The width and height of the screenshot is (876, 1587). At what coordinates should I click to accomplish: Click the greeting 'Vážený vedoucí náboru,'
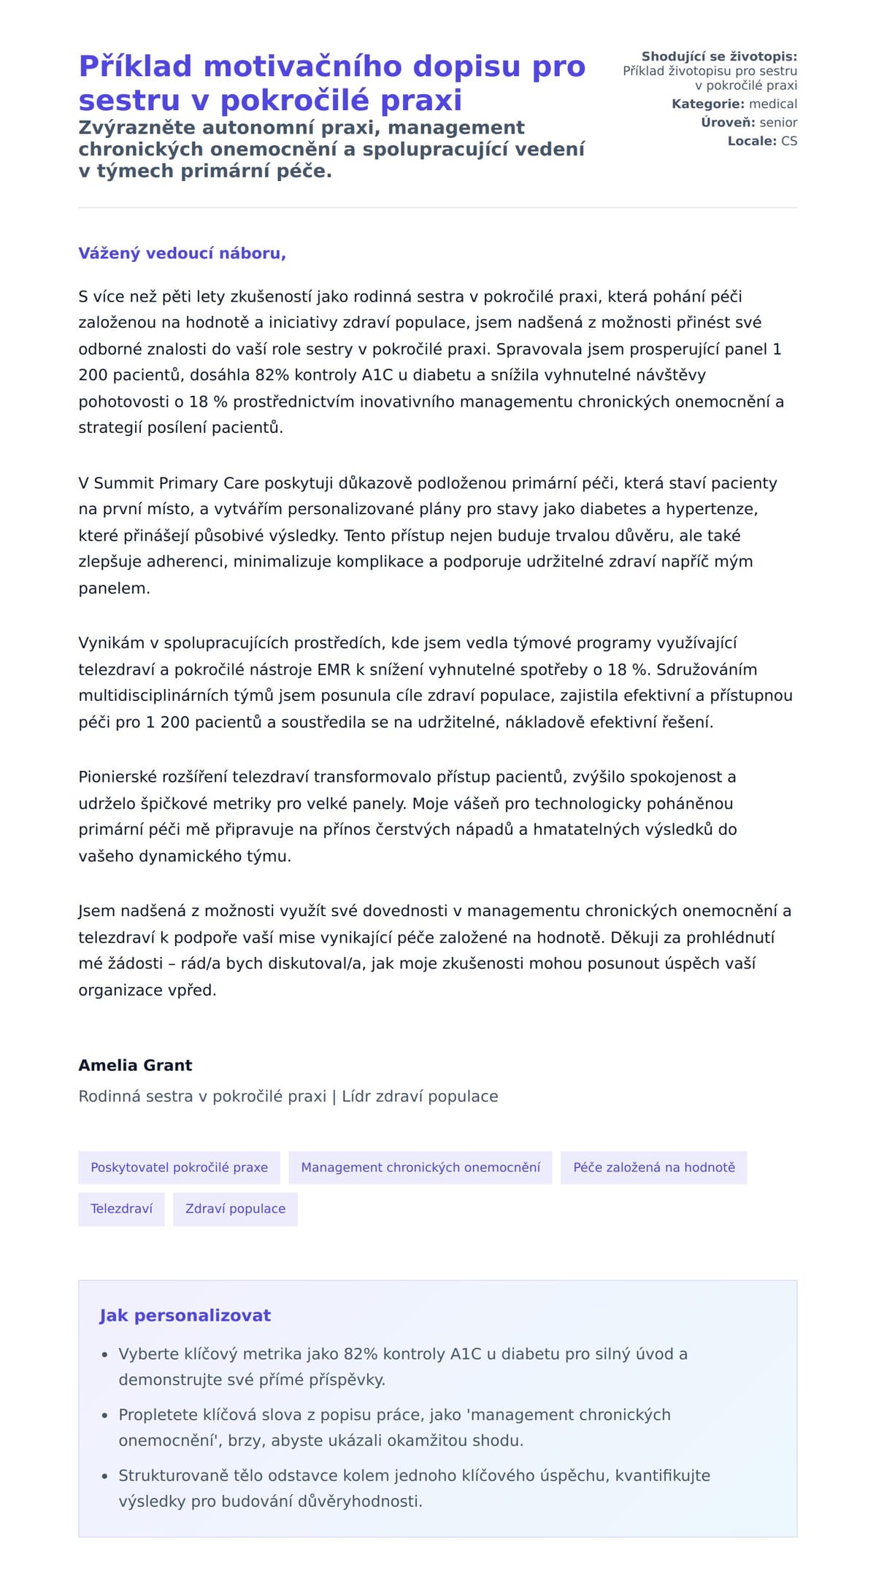tap(182, 253)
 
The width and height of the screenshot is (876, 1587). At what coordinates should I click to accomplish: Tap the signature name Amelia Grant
tap(135, 1065)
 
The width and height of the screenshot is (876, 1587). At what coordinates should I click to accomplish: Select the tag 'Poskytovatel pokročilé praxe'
tap(179, 1167)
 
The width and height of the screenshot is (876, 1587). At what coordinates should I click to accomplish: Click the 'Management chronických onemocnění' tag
tap(420, 1167)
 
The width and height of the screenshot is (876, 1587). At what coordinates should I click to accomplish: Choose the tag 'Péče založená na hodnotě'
tap(653, 1167)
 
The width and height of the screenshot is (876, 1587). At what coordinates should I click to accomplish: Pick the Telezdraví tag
tap(121, 1209)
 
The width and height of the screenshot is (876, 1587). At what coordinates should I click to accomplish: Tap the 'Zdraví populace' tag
tap(235, 1209)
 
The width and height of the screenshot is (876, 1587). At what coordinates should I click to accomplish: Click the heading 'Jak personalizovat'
tap(185, 1315)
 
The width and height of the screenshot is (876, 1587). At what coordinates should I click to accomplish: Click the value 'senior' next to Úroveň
tap(778, 123)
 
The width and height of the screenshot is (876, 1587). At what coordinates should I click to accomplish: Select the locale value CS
tap(789, 141)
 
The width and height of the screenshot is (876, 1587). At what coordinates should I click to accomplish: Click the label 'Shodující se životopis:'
tap(719, 57)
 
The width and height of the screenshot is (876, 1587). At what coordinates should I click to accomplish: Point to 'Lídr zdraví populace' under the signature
tap(420, 1096)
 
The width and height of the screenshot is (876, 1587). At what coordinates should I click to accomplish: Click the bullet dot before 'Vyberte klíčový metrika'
tap(104, 1355)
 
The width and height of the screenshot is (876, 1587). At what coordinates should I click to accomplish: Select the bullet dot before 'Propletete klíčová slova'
tap(104, 1415)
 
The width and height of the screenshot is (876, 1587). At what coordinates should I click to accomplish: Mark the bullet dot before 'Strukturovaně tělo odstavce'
tap(104, 1476)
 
